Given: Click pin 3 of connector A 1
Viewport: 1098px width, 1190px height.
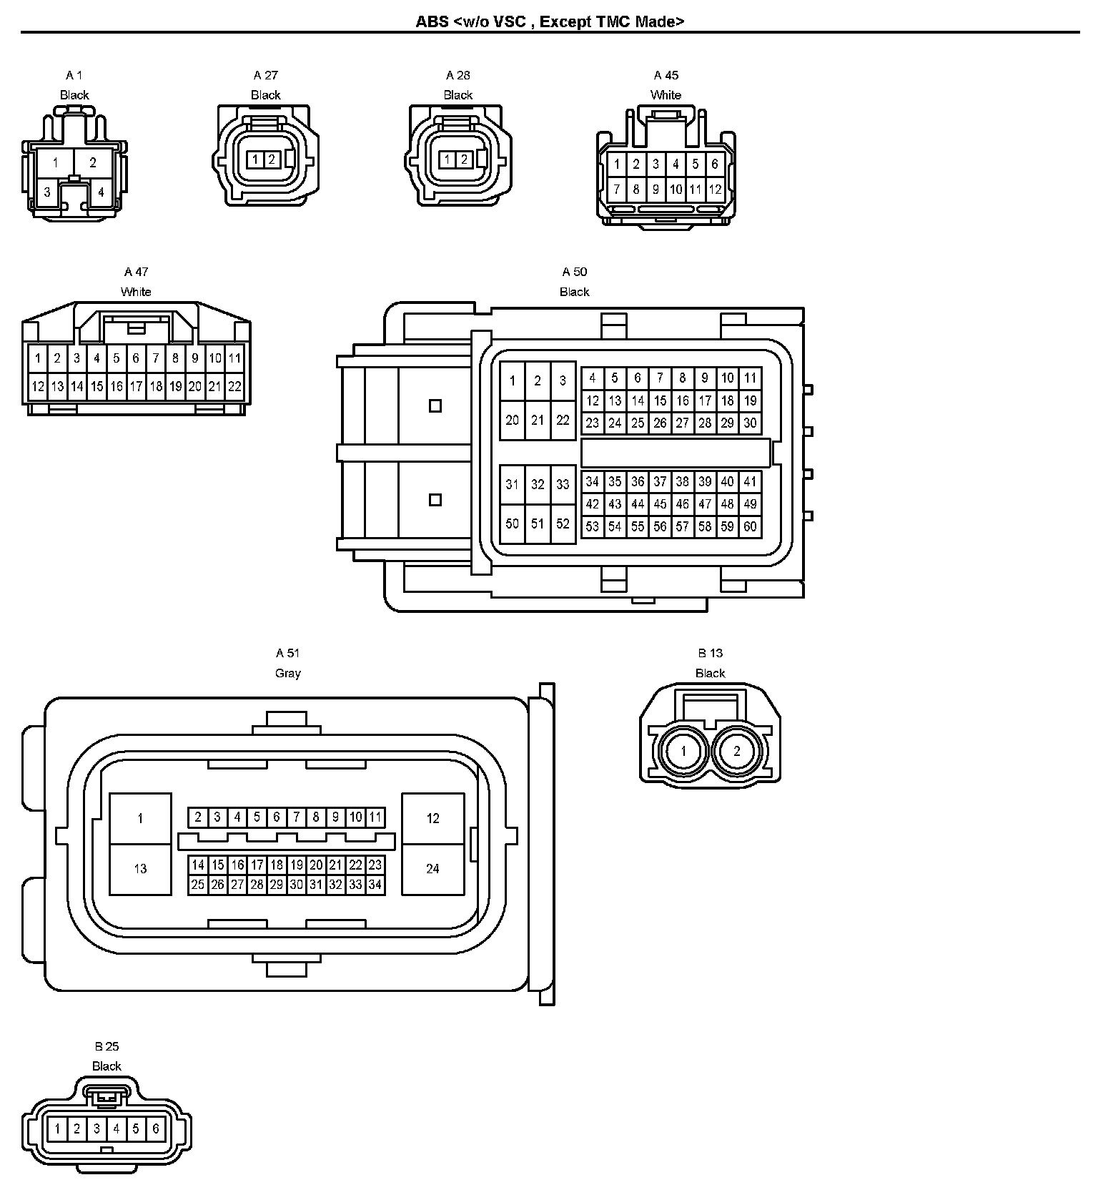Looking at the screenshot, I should pos(47,192).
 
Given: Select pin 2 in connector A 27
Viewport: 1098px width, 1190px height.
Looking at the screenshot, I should pos(272,159).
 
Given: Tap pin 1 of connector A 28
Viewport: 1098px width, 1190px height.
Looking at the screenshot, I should pos(447,159).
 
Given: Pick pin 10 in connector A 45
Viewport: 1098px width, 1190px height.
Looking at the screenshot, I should pos(676,190).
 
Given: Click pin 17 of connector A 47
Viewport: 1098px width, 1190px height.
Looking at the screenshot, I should pos(136,387).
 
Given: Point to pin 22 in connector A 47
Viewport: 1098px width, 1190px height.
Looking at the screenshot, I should pos(234,387).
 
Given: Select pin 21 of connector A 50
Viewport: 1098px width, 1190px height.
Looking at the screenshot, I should pos(538,420).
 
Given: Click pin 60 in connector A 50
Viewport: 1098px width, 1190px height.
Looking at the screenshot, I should pos(750,527).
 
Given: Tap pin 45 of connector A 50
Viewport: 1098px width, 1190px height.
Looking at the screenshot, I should pos(660,504).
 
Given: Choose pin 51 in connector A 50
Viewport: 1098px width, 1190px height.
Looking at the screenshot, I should pos(538,523).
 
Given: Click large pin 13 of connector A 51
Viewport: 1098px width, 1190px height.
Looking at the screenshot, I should pos(140,869).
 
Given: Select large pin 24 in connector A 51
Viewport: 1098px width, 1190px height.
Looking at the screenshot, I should pos(432,869).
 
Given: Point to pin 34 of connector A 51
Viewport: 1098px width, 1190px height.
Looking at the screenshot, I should pos(375,885).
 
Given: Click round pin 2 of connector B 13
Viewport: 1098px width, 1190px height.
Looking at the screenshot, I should pos(737,751).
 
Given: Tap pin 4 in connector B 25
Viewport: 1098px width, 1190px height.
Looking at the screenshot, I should pos(117,1130).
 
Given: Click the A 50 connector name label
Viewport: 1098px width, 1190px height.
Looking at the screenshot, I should pos(574,272).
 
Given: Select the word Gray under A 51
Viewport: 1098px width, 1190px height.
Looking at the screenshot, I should pos(288,673).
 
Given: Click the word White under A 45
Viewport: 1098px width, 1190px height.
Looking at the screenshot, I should pos(666,95).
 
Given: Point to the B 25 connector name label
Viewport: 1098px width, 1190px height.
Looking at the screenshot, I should pos(107,1046).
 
